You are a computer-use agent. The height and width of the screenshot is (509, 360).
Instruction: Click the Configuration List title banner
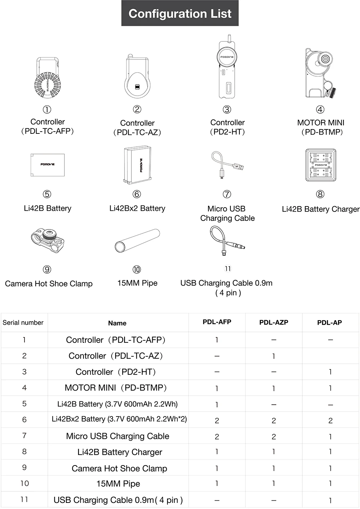point(180,13)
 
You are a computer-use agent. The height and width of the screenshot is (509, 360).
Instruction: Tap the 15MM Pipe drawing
point(137,240)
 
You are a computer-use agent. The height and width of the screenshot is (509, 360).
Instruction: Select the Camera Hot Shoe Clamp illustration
point(48,240)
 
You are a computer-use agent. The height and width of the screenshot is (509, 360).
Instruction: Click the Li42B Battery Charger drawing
point(320,165)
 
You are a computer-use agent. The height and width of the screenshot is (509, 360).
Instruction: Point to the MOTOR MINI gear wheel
point(325,59)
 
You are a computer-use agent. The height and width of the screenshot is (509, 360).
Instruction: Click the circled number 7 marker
point(227,194)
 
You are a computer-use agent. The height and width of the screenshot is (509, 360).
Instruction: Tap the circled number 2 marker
point(137,109)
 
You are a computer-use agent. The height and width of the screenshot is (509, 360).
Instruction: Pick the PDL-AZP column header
point(274,322)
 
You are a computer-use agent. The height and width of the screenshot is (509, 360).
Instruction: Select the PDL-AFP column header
point(217,322)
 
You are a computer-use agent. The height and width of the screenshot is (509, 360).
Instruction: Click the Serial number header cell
point(23,323)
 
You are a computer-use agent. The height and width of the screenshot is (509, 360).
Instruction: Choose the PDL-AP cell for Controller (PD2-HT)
point(330,372)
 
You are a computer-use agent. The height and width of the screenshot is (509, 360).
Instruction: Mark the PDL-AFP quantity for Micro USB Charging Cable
point(217,436)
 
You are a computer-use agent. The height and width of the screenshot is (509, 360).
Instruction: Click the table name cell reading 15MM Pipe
point(118,484)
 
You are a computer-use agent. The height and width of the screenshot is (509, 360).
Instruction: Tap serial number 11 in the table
point(24,499)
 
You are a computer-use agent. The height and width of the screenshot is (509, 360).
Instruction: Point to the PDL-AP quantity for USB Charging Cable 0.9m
point(330,500)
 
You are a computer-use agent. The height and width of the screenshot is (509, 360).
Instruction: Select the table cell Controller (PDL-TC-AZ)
point(116,356)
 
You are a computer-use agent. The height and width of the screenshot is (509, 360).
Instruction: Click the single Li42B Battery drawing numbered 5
point(48,165)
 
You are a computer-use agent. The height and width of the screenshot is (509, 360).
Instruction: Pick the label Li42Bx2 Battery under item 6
point(137,208)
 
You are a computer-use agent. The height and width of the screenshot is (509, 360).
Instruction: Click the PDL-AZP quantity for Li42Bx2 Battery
point(274,421)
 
